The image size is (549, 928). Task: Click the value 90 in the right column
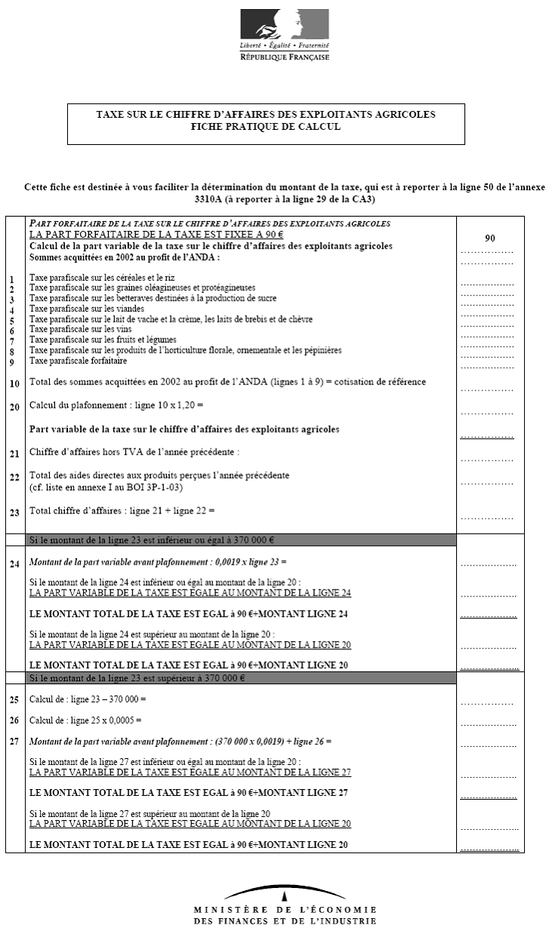(x=490, y=238)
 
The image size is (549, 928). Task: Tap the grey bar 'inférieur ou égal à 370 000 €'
(x=241, y=539)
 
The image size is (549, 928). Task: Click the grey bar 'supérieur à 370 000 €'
(x=241, y=678)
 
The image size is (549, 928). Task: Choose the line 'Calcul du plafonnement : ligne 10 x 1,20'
(x=116, y=406)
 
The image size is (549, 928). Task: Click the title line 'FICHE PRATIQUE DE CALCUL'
(x=266, y=127)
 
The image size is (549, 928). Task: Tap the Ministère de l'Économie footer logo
(x=285, y=905)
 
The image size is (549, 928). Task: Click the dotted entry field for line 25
(x=487, y=703)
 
